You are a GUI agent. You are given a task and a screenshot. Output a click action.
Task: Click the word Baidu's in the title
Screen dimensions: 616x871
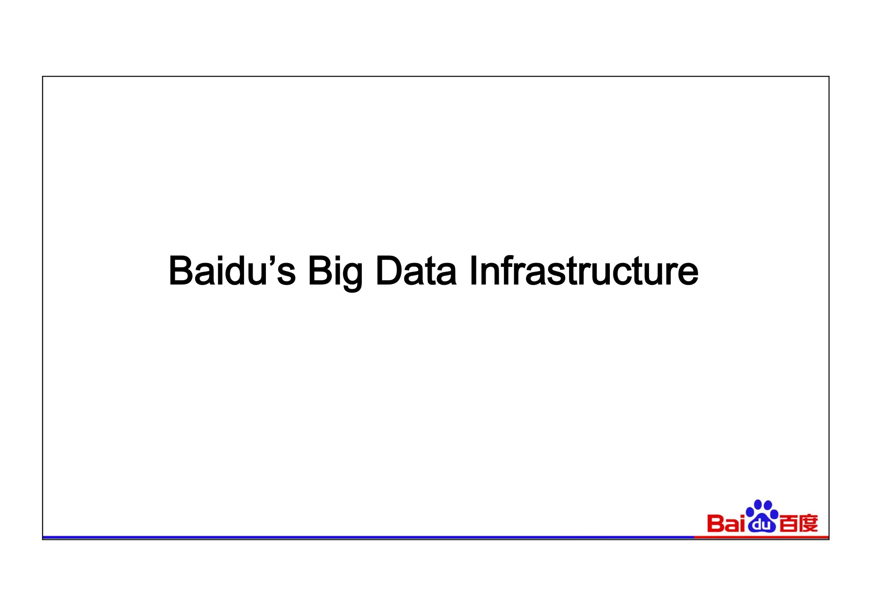(232, 271)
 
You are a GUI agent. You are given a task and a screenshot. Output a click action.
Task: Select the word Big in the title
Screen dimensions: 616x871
(335, 272)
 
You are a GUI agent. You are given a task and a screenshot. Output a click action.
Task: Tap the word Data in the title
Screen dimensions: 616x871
(416, 271)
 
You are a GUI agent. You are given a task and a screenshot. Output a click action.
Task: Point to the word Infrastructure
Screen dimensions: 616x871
(584, 271)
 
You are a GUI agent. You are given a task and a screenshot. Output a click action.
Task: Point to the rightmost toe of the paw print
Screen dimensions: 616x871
(774, 514)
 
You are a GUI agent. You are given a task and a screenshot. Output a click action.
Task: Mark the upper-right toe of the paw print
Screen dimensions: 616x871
(768, 505)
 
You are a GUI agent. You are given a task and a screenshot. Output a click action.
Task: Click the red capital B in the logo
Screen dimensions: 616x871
(715, 524)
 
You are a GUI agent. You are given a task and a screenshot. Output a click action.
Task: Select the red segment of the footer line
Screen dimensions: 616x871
(761, 537)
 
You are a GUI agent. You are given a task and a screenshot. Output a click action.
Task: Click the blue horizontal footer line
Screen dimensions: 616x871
(366, 538)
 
